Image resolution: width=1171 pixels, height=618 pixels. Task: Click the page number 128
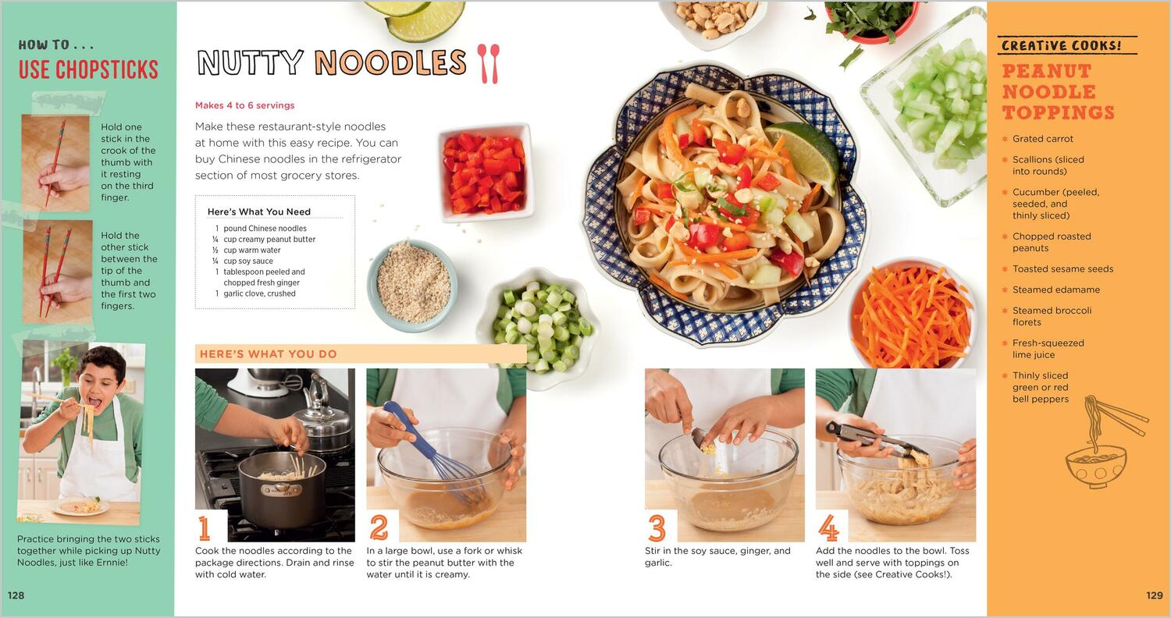[x=16, y=595]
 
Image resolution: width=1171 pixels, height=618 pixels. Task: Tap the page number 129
[x=1155, y=595]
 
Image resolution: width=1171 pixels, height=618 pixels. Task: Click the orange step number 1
[x=205, y=528]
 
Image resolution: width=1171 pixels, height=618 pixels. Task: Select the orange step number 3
[x=657, y=528]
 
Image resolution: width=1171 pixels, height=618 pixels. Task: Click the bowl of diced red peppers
[x=484, y=173]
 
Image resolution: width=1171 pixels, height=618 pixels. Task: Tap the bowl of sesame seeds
[x=412, y=286]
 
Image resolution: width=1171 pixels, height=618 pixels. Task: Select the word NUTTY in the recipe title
[x=251, y=62]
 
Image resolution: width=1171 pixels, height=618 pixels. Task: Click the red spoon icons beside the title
[x=488, y=63]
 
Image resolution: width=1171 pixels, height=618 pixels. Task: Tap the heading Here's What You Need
[x=258, y=211]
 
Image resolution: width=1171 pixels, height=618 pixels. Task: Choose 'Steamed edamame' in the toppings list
[x=1056, y=289]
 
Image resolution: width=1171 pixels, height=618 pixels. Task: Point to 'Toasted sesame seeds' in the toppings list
[x=1062, y=268]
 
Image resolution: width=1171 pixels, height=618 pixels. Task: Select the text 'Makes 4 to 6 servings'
[x=244, y=105]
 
